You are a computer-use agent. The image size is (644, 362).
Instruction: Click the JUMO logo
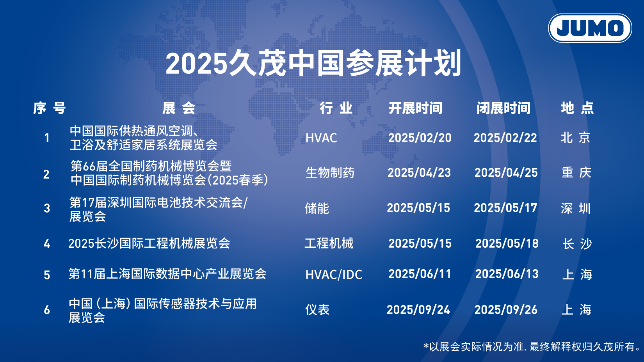click(590, 28)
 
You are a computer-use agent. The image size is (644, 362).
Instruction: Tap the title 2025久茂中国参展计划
click(314, 63)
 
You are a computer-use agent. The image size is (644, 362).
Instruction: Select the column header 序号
click(50, 108)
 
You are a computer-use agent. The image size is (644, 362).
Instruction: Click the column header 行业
click(336, 108)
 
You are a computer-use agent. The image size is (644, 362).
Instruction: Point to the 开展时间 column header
click(415, 108)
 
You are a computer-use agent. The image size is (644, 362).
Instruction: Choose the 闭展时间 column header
click(503, 108)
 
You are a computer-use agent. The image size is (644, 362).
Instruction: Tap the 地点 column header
click(577, 108)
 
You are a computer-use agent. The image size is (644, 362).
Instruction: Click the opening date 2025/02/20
click(420, 138)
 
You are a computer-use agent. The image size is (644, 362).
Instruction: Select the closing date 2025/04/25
click(506, 173)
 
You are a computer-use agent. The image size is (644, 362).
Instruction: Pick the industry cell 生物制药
click(330, 173)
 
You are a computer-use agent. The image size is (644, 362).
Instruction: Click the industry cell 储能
click(317, 208)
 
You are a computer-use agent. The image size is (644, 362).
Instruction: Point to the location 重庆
click(576, 173)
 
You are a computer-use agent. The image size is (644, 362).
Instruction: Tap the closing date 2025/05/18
click(507, 244)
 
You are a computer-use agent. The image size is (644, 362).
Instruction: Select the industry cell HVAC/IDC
click(334, 275)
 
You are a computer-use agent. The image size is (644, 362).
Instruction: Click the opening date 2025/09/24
click(418, 310)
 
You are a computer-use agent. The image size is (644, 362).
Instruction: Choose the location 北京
click(576, 138)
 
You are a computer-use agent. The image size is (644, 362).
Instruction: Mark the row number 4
click(47, 244)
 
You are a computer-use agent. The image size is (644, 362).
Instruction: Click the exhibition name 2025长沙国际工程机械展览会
click(149, 243)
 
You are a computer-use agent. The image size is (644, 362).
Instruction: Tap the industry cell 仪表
click(317, 310)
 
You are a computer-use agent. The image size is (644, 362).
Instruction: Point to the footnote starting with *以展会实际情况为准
click(532, 347)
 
